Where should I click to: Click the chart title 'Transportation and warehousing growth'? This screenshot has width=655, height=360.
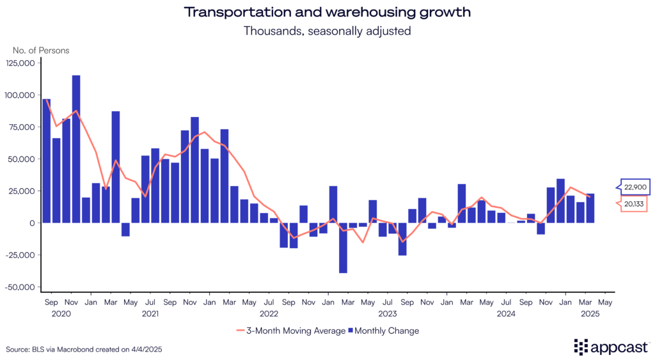(x=327, y=12)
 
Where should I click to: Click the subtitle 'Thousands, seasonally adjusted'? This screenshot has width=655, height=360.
(x=327, y=31)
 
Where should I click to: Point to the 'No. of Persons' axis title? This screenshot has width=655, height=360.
(x=41, y=50)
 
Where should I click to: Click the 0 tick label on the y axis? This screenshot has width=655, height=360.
(x=33, y=223)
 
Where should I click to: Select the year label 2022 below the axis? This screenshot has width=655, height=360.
(x=269, y=313)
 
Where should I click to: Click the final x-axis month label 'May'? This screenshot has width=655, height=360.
(x=605, y=301)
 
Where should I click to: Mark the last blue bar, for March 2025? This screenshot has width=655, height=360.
(x=590, y=208)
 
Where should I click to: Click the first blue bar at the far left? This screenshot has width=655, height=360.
(x=47, y=160)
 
